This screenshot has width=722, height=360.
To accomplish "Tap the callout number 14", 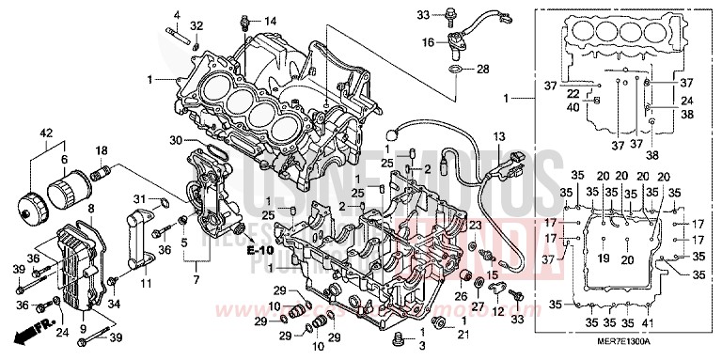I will coord(270,21).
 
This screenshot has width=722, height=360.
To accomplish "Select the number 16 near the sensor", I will coord(428,42).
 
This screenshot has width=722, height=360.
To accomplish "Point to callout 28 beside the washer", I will coord(482,70).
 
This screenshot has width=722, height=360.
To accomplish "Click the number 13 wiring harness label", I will coord(496,136).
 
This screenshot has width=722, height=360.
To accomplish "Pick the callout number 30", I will coord(174,141).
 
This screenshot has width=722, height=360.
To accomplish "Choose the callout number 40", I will coord(573,107).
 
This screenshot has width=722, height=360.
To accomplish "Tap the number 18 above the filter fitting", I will coord(102,150).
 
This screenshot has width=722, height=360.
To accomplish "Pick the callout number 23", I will coord(475,226).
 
